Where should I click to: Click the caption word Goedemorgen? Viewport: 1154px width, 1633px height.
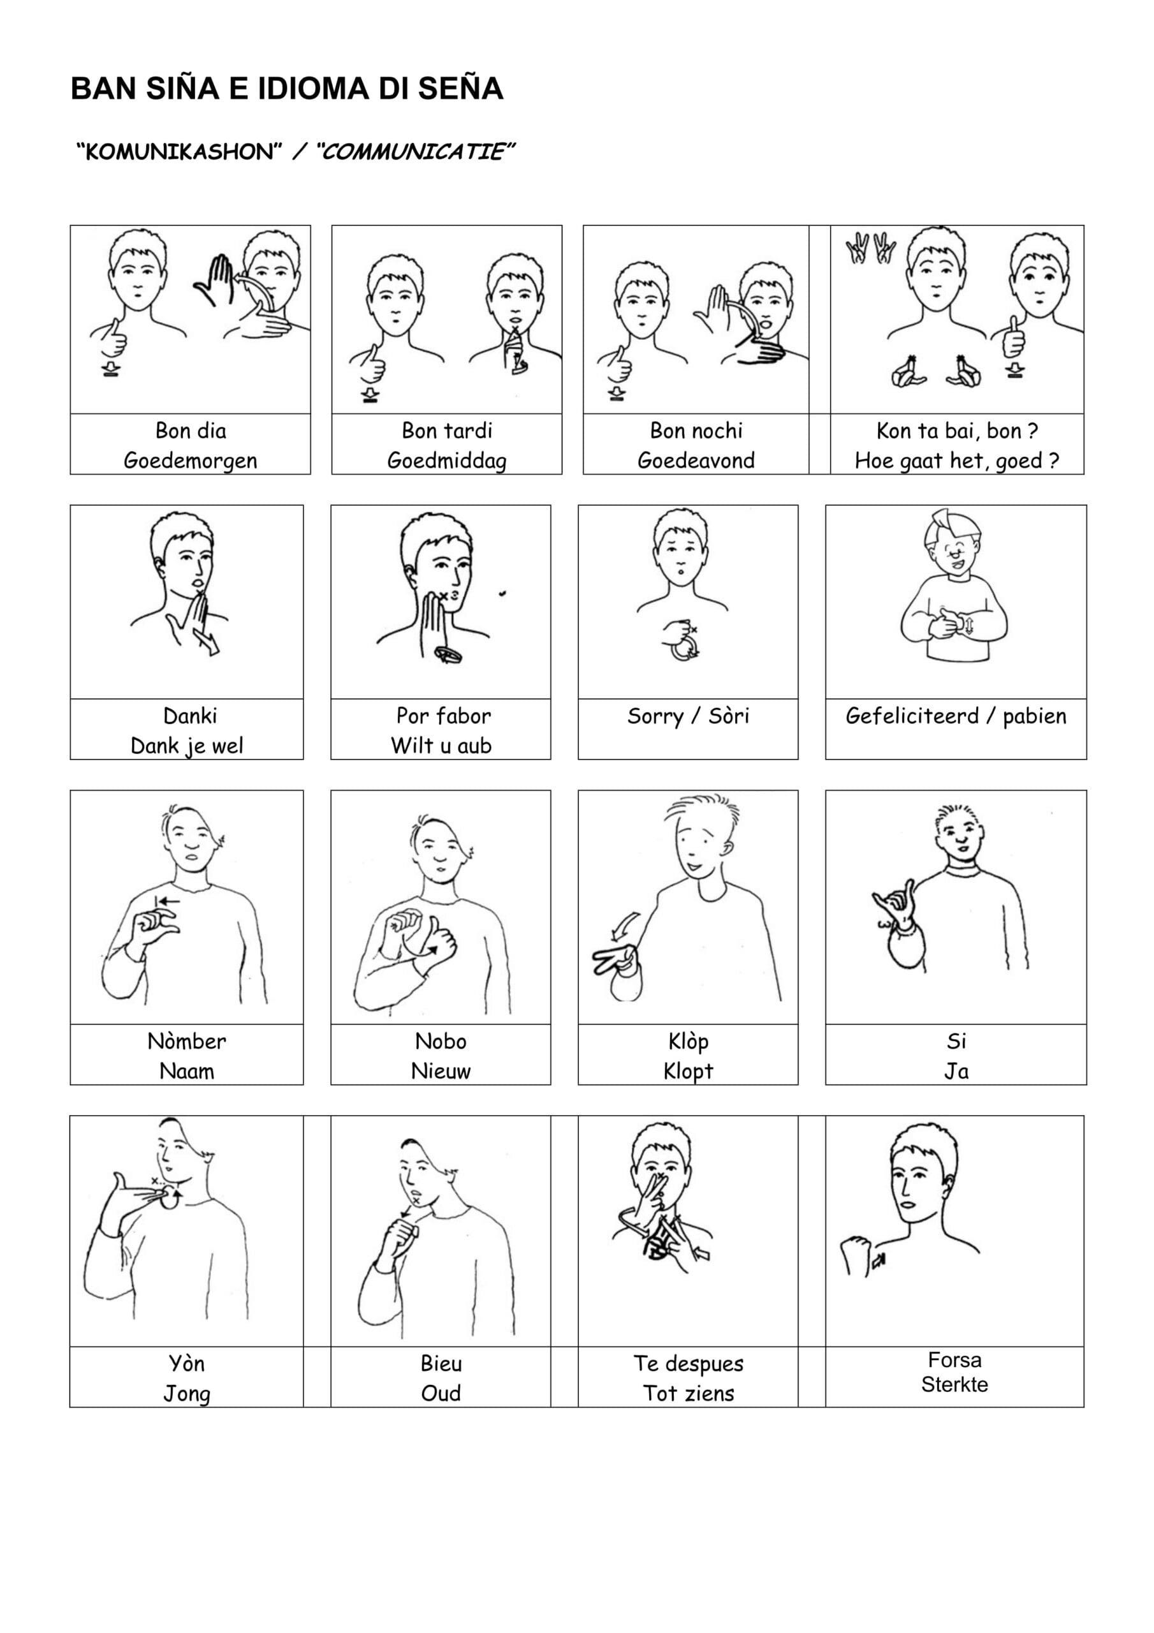click(x=191, y=461)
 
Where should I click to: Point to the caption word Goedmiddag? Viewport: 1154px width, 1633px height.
click(x=446, y=461)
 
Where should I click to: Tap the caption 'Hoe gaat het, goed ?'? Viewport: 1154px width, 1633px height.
click(x=956, y=461)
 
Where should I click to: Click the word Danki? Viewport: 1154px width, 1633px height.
click(x=190, y=716)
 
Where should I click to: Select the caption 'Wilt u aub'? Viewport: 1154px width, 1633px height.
click(x=441, y=746)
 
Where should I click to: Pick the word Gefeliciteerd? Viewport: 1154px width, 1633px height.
click(x=912, y=716)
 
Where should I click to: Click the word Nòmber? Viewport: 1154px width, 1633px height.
click(x=186, y=1041)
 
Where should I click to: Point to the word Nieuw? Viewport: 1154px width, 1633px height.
click(x=441, y=1071)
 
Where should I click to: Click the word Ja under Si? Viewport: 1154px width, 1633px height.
click(x=956, y=1071)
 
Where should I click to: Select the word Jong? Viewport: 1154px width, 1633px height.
click(x=186, y=1394)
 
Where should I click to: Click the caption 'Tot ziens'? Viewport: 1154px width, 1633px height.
click(x=689, y=1393)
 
